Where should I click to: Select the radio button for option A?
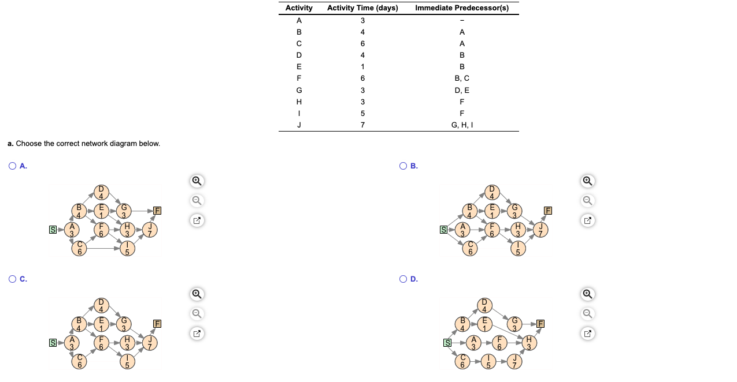[x=13, y=166]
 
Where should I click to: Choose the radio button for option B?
[x=403, y=166]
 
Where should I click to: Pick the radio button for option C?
[x=13, y=279]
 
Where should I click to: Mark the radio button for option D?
[x=403, y=279]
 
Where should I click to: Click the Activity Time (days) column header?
[x=362, y=8]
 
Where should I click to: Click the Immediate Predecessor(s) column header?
[x=462, y=8]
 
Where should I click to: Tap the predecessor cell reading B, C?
[x=462, y=78]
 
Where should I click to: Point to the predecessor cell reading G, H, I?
[x=462, y=125]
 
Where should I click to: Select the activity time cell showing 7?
[x=362, y=125]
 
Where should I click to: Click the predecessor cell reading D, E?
[x=462, y=90]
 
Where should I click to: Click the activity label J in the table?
[x=299, y=125]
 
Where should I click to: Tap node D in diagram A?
[x=102, y=192]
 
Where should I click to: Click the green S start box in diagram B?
[x=444, y=230]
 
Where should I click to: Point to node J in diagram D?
[x=514, y=362]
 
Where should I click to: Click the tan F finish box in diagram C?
[x=157, y=323]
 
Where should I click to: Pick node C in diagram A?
[x=80, y=248]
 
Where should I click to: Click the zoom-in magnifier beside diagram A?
[x=197, y=181]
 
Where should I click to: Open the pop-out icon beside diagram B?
[x=587, y=220]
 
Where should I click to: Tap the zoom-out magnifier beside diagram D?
[x=587, y=314]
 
